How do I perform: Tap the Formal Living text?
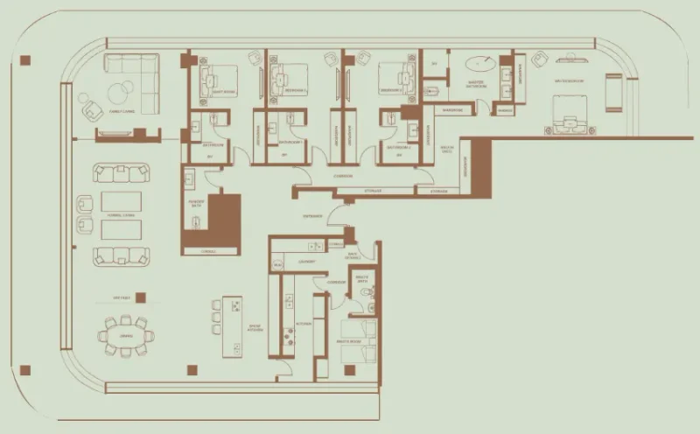tap(120, 215)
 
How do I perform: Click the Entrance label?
tap(312, 215)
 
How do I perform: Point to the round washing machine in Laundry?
tap(278, 264)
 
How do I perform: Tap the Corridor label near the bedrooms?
tap(344, 176)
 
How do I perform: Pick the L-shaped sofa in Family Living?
tap(131, 70)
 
